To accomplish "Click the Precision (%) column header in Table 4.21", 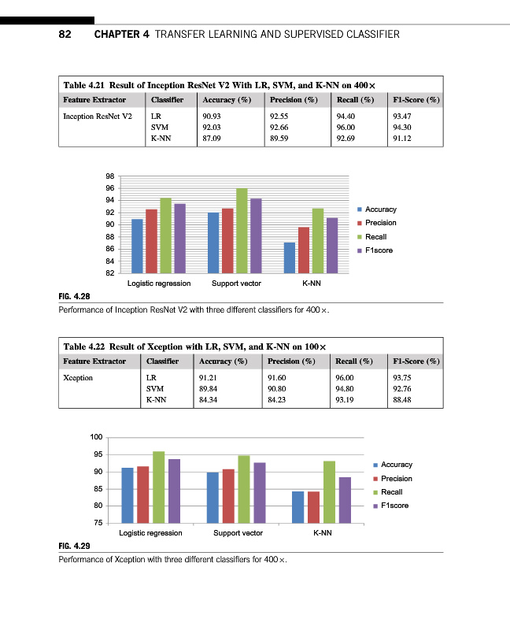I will pos(293,100).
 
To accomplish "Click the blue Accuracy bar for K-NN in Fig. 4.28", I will pos(290,257).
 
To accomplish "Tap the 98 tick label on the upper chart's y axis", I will pos(110,176).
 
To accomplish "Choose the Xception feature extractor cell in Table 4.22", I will pos(78,378).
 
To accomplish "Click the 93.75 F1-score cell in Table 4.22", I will pos(405,378).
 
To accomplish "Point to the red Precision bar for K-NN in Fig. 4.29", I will pos(313,506).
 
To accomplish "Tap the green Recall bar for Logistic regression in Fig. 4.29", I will pos(158,487).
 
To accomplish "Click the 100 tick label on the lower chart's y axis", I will pos(97,437).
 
